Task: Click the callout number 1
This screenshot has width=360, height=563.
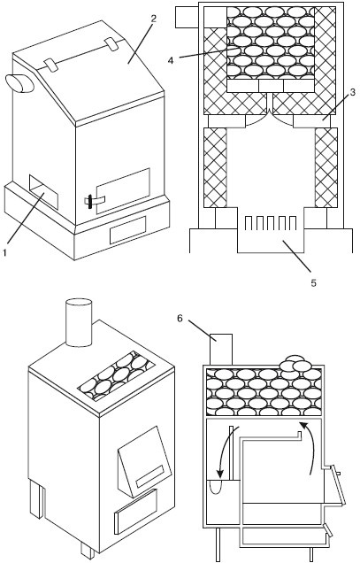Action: pyautogui.click(x=4, y=253)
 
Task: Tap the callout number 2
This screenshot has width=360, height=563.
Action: pyautogui.click(x=153, y=19)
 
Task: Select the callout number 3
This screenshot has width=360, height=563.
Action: pyautogui.click(x=352, y=92)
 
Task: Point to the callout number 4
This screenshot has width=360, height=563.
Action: pyautogui.click(x=171, y=60)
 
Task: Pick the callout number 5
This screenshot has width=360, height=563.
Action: pyautogui.click(x=314, y=283)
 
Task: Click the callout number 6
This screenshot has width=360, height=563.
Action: pyautogui.click(x=180, y=318)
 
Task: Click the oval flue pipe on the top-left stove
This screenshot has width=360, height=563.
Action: pyautogui.click(x=19, y=84)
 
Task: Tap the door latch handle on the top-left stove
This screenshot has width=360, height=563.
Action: pyautogui.click(x=89, y=201)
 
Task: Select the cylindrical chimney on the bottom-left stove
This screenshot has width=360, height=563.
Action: pyautogui.click(x=79, y=322)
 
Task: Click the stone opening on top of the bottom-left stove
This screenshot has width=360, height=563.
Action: pyautogui.click(x=117, y=375)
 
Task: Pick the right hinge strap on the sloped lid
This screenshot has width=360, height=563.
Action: pyautogui.click(x=112, y=45)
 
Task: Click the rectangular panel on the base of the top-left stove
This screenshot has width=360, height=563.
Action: pyautogui.click(x=127, y=230)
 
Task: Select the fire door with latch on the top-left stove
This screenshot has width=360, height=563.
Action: pyautogui.click(x=123, y=191)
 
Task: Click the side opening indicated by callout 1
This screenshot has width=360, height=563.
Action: pyautogui.click(x=43, y=192)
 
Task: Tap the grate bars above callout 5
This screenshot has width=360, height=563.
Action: pyautogui.click(x=271, y=222)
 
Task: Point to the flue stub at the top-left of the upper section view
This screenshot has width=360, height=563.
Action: pyautogui.click(x=187, y=17)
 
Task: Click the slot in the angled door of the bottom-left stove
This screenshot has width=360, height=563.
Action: pyautogui.click(x=150, y=475)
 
